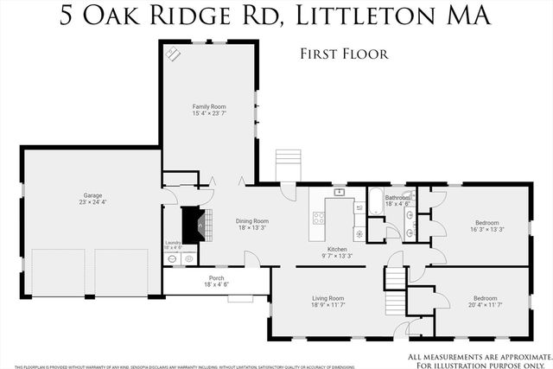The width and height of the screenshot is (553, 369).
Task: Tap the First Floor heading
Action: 344,54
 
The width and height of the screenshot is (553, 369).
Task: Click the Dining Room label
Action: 252,220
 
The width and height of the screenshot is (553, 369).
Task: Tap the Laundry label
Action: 172,243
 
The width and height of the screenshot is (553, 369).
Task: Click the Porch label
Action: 215,277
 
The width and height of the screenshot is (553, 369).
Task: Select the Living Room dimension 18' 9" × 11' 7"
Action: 327,305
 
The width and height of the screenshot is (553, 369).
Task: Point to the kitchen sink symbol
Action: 340,192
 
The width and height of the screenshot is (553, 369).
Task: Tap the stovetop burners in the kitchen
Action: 318,216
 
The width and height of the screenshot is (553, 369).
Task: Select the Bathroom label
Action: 397,198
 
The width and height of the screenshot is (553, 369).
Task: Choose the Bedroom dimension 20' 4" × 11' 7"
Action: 485,305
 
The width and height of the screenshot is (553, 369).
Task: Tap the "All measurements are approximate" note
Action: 475,356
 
